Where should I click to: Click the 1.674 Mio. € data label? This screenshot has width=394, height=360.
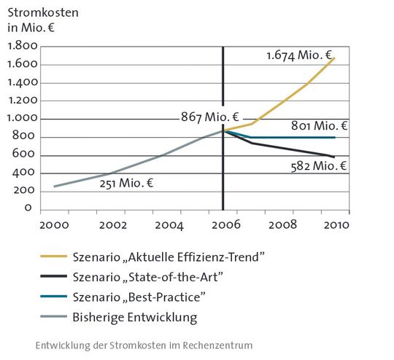(299, 55)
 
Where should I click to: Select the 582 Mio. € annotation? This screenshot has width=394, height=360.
(315, 165)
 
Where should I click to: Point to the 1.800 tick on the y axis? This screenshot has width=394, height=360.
(23, 46)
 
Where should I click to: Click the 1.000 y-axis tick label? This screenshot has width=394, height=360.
(23, 118)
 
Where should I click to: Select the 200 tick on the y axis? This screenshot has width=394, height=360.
(26, 190)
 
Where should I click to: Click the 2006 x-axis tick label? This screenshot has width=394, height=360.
(223, 224)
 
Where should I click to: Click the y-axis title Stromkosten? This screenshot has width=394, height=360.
(39, 12)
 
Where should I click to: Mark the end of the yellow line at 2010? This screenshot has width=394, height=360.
(335, 58)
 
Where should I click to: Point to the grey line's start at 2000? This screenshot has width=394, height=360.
(54, 187)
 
